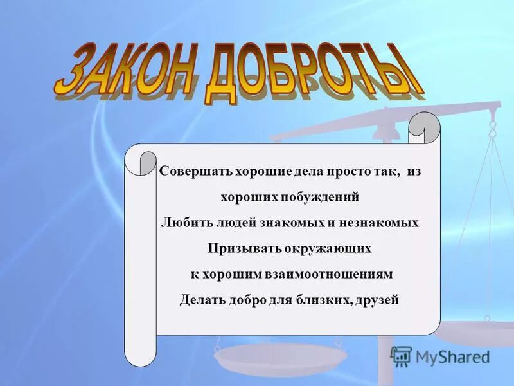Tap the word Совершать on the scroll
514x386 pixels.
190,172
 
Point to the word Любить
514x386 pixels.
180,223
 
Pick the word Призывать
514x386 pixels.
238,248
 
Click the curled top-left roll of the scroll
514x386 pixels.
141,161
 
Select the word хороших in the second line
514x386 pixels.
247,197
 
